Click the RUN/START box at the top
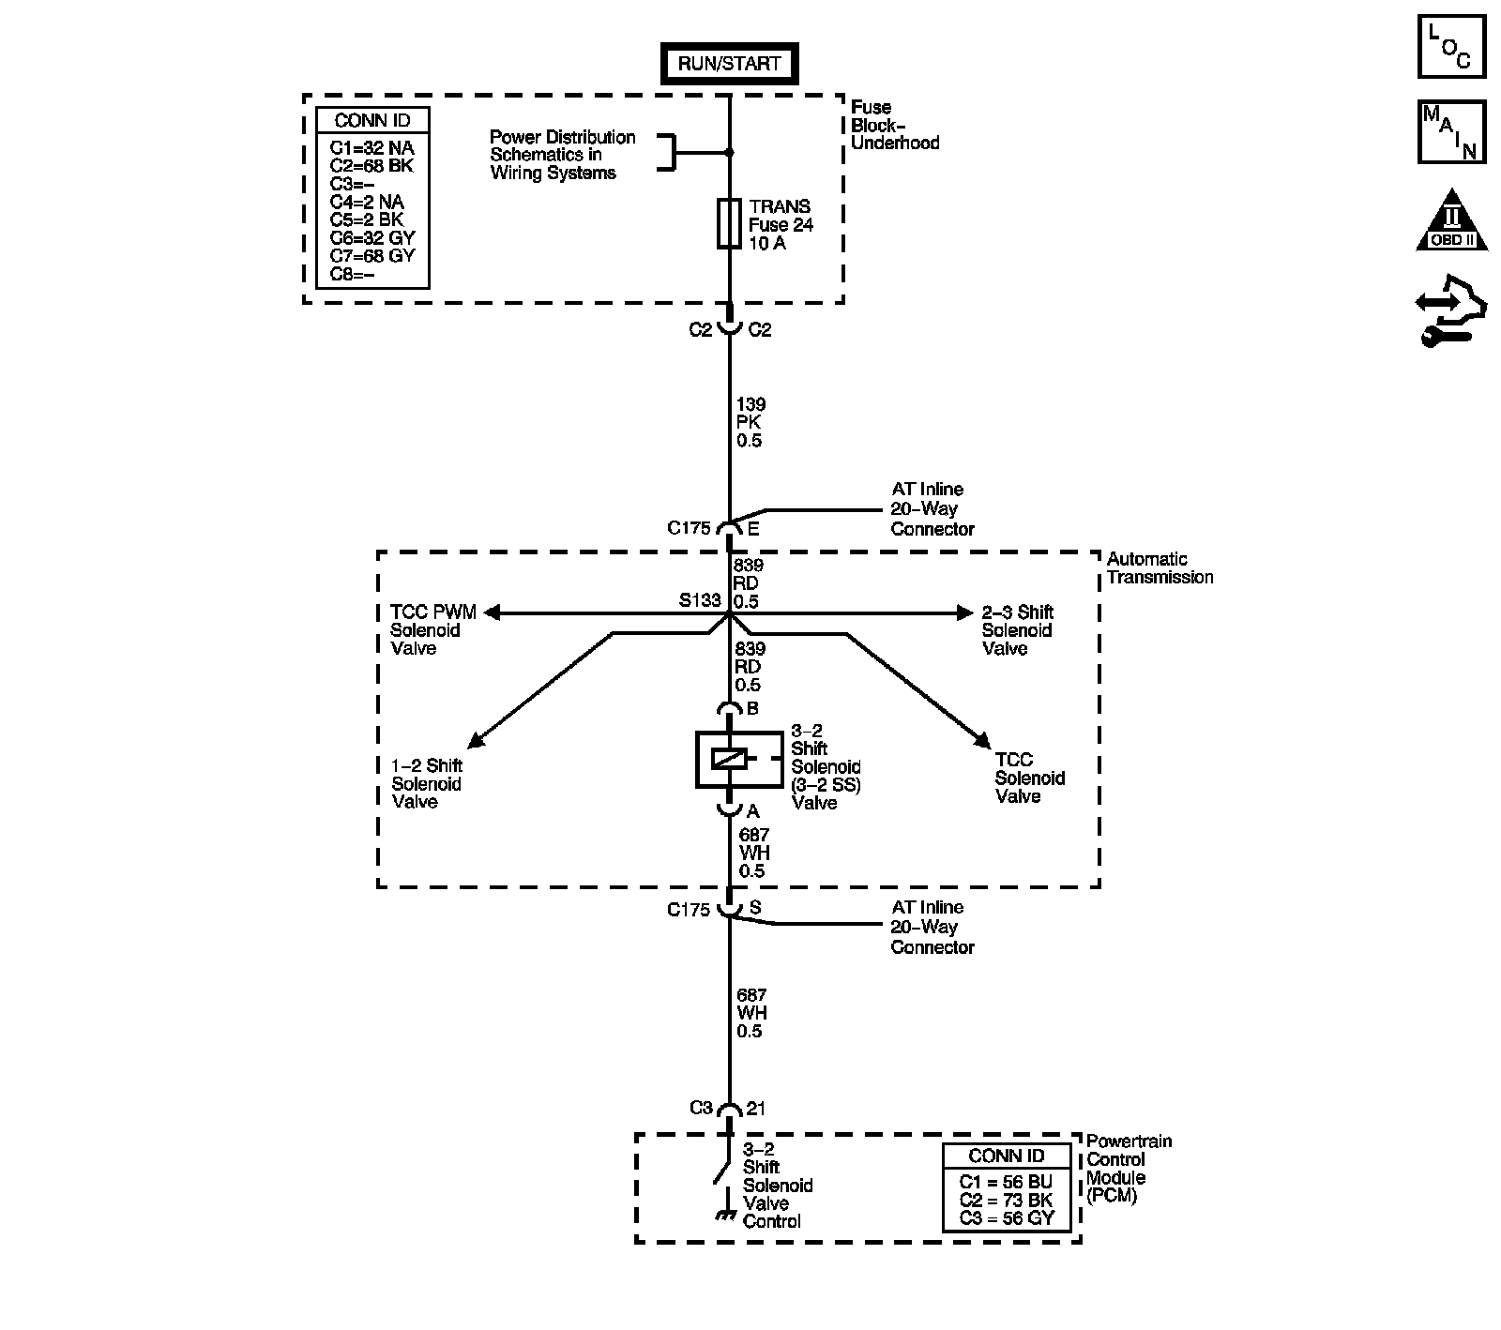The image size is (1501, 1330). tap(729, 65)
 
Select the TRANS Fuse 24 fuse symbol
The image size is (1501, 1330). tap(729, 223)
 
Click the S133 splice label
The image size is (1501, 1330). tap(700, 600)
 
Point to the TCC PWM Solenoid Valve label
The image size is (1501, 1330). tap(432, 630)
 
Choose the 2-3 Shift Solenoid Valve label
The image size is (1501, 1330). tap(1017, 630)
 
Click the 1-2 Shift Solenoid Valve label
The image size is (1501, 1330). tap(427, 784)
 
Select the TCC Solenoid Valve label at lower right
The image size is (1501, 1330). tap(1029, 778)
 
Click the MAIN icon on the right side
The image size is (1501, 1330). tap(1450, 132)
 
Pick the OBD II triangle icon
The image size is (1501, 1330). tap(1451, 221)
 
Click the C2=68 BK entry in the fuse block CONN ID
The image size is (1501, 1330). tap(371, 166)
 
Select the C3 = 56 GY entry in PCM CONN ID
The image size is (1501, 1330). tap(1007, 1218)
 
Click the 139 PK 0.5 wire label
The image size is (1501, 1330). tap(750, 422)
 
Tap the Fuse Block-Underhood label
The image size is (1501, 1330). tap(894, 125)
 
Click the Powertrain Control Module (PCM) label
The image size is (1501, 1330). tap(1129, 1169)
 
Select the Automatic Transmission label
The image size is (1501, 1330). tap(1160, 568)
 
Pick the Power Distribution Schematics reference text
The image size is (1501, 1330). tap(562, 155)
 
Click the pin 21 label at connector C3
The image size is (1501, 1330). tap(756, 1109)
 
